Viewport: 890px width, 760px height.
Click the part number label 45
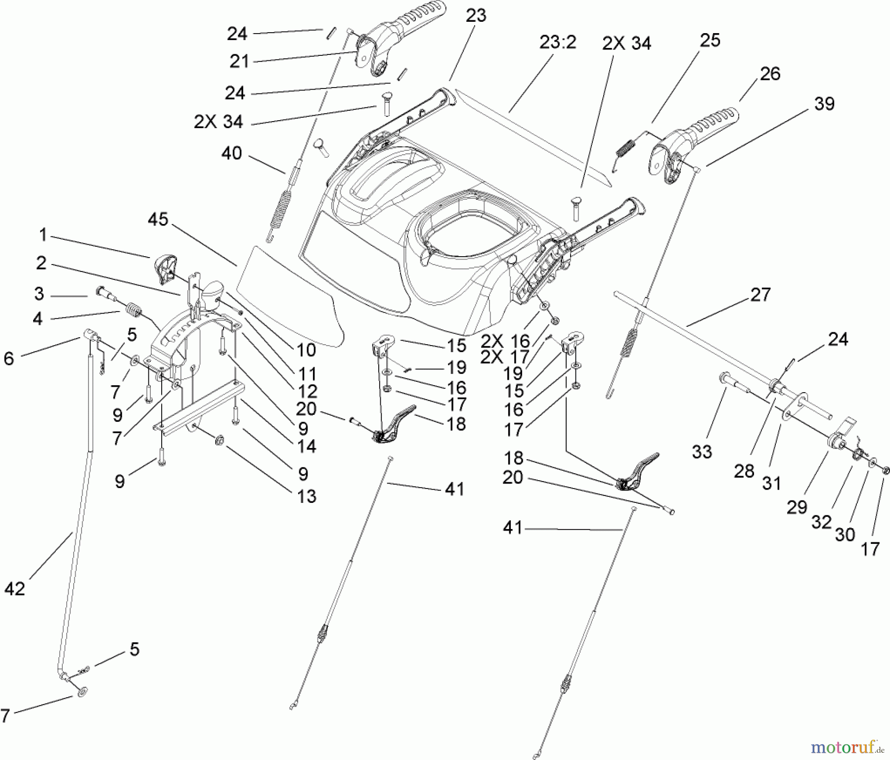tap(158, 220)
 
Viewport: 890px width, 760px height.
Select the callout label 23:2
tap(558, 43)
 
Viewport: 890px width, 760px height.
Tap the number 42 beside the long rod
tap(15, 588)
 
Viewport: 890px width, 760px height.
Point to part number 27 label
tap(760, 295)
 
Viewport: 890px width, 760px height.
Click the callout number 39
tap(824, 104)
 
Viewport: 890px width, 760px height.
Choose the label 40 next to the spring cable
tap(231, 153)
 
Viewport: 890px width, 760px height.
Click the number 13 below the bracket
tap(307, 496)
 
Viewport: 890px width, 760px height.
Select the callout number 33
tap(702, 451)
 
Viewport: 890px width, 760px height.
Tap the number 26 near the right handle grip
tap(770, 74)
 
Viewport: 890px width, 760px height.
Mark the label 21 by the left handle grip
tap(239, 62)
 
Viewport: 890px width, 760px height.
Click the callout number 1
tap(43, 234)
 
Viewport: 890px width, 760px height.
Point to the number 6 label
tap(9, 358)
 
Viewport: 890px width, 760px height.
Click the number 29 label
tap(797, 507)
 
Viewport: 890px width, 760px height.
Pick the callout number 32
tap(821, 522)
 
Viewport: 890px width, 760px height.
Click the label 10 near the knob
tap(306, 350)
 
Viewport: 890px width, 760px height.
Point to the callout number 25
tap(710, 41)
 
